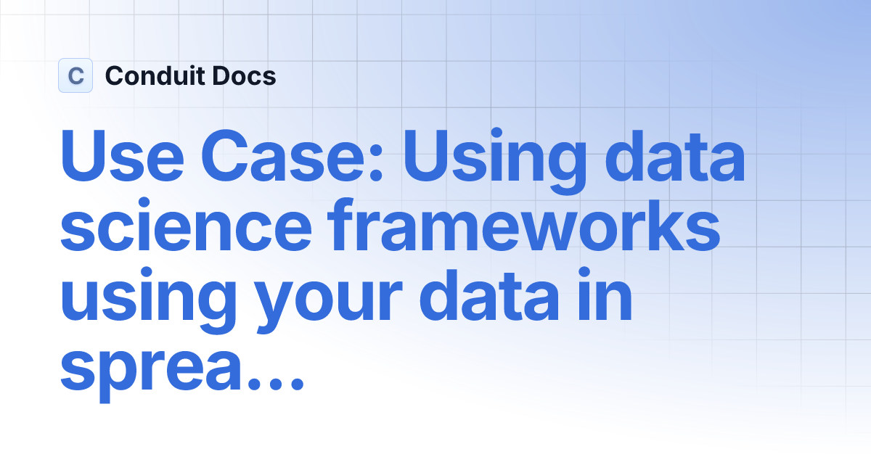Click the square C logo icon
[75, 75]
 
